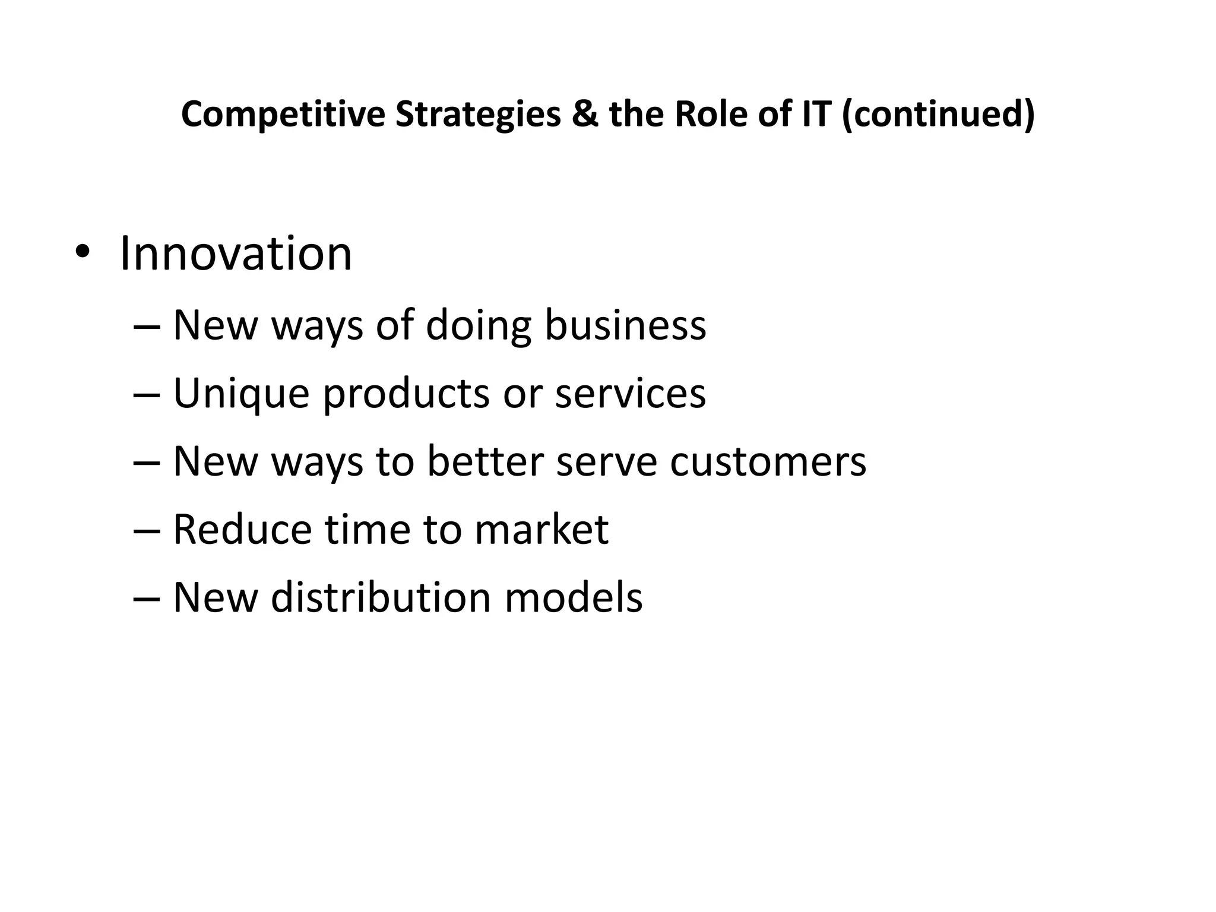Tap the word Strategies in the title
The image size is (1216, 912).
(478, 114)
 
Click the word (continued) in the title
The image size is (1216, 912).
(938, 114)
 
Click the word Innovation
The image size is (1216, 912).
(236, 254)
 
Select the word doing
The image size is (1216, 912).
(479, 326)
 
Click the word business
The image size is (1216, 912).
(625, 326)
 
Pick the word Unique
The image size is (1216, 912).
(241, 394)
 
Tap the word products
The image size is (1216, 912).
(406, 394)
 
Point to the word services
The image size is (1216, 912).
(630, 394)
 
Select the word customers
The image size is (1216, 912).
(768, 461)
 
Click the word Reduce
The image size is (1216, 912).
(242, 529)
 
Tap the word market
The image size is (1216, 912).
(541, 529)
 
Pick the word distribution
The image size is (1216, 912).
(381, 597)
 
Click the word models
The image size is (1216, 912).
(574, 597)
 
